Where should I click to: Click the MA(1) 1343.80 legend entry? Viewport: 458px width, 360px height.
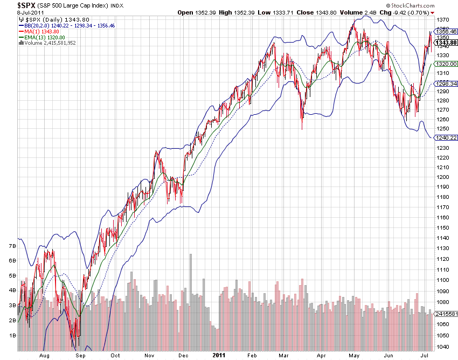click(x=41, y=31)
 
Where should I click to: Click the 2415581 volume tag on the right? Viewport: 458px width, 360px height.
click(x=445, y=314)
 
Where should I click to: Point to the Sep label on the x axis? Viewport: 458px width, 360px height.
click(x=81, y=356)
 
